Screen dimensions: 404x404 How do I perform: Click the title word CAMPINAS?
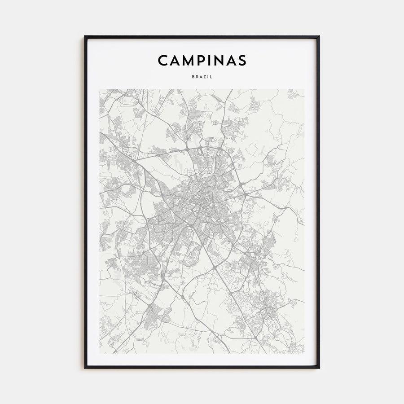click(202, 60)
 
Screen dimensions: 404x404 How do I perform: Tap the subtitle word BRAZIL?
click(202, 77)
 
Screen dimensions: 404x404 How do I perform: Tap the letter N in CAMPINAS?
click(218, 60)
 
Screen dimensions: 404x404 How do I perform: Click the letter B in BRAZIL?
click(193, 77)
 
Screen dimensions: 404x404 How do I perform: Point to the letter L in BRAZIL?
click(211, 77)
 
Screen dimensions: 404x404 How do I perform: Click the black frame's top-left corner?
click(85, 36)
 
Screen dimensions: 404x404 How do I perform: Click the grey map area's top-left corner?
click(100, 89)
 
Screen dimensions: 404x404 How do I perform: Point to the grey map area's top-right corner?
click(304, 89)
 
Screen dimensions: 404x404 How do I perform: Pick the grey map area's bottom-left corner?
click(100, 353)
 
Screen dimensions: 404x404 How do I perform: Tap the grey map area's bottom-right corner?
click(304, 353)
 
